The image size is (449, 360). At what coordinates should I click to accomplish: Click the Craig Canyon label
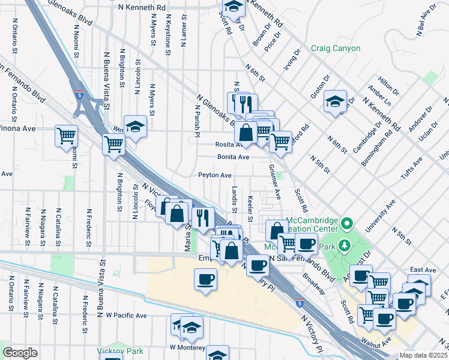(x=336, y=48)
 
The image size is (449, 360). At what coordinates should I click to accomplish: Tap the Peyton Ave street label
(x=215, y=175)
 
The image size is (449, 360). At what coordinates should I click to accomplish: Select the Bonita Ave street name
(x=233, y=157)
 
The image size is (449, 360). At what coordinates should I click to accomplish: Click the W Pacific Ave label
(x=126, y=315)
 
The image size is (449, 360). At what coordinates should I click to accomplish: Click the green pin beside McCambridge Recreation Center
(x=346, y=224)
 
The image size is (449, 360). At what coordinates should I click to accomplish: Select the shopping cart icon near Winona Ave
(x=66, y=135)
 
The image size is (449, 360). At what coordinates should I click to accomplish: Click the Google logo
(x=20, y=352)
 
